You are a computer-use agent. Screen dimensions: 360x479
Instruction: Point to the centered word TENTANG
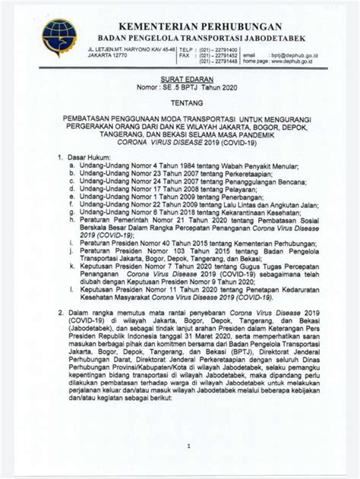[x=179, y=107]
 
